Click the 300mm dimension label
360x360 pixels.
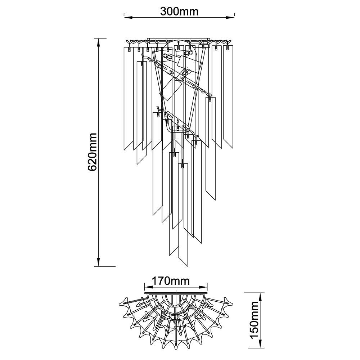coord(179,12)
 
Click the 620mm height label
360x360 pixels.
coord(93,152)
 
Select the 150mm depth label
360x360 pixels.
coord(255,320)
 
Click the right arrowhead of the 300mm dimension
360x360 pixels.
coord(230,17)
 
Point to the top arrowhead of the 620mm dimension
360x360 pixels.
coord(99,43)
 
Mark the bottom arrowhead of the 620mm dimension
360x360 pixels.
coord(99,262)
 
